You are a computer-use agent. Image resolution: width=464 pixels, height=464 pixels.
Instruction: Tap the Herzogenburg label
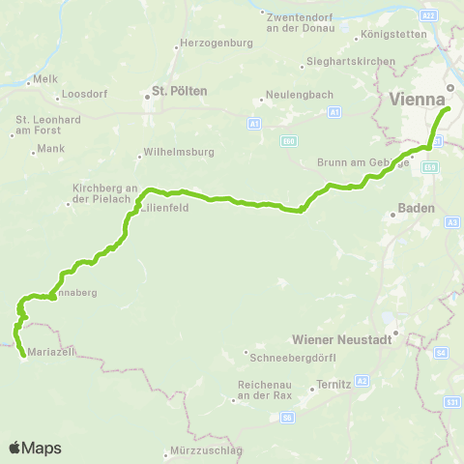click(209, 45)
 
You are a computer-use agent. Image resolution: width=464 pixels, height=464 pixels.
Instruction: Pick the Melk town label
click(46, 77)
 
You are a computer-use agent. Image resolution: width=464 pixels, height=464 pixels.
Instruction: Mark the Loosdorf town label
click(78, 95)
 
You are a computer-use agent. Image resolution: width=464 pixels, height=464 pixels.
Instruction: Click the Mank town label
click(50, 149)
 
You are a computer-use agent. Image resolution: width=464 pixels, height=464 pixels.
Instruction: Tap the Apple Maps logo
click(35, 448)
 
